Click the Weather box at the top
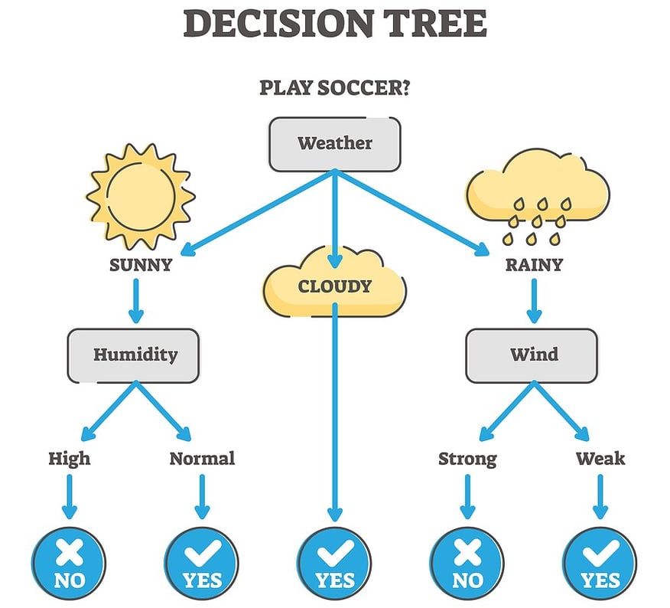point(334,143)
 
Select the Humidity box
point(134,355)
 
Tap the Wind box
point(532,355)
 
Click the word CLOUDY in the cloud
point(334,287)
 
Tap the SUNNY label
point(140,265)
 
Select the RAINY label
point(534,265)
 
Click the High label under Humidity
point(69,459)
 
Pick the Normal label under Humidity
point(202,459)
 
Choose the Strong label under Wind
point(467,459)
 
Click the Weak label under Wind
point(600,459)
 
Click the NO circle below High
point(69,562)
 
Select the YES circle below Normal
point(202,562)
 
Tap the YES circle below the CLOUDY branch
point(333,562)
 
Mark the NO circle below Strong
point(467,562)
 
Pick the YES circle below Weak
point(600,562)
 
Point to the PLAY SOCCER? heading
point(334,87)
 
